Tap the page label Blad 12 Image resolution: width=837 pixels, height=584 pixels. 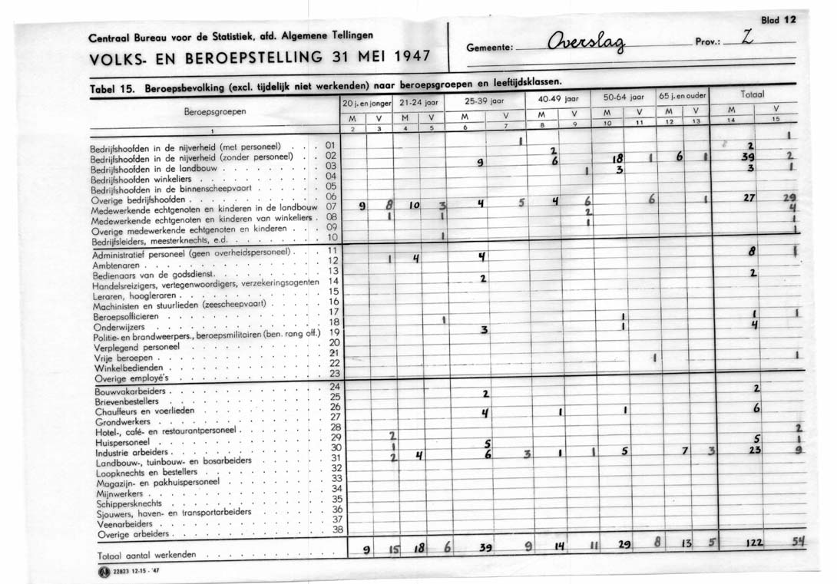click(777, 20)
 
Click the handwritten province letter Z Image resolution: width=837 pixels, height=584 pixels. click(746, 38)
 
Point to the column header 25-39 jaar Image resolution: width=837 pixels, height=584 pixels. click(483, 100)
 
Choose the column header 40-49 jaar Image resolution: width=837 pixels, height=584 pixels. click(557, 99)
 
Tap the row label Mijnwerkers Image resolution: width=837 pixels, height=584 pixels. click(120, 494)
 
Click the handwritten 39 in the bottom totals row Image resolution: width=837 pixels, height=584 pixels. click(485, 548)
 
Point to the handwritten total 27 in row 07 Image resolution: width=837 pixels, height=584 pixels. click(750, 197)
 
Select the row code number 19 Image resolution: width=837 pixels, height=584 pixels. click(333, 332)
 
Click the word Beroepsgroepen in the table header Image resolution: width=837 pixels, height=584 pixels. click(215, 111)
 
